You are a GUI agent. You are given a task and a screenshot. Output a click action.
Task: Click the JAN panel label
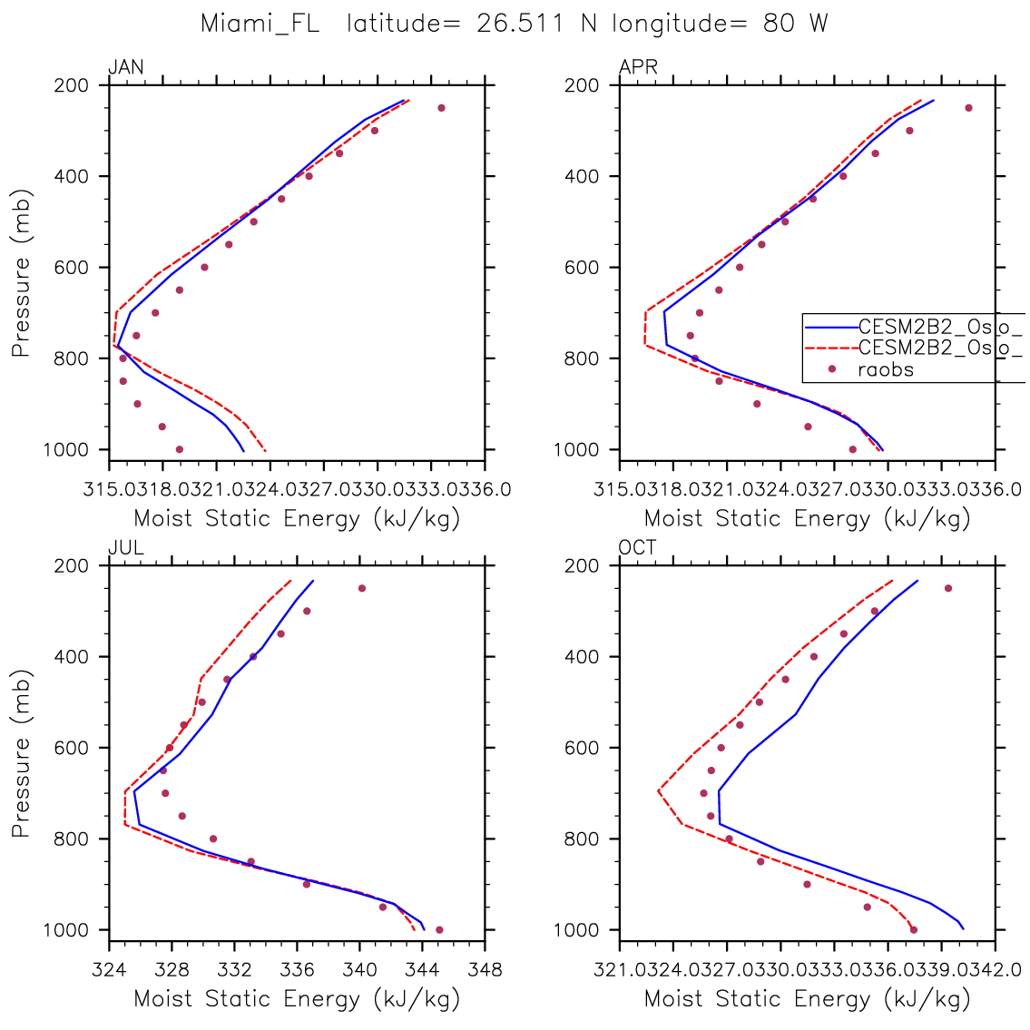(125, 67)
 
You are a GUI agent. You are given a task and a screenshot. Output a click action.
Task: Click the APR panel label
(638, 67)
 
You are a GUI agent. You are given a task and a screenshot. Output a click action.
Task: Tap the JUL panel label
(125, 547)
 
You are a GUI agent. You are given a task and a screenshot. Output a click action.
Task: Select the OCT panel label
(638, 547)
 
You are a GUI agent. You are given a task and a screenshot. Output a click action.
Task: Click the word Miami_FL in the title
(260, 25)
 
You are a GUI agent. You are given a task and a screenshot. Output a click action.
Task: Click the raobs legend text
(886, 369)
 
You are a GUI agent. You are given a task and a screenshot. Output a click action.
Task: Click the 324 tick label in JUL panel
(109, 970)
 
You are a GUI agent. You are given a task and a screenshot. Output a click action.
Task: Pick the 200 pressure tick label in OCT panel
(586, 565)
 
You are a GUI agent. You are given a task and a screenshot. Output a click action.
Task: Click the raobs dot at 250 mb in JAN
(441, 108)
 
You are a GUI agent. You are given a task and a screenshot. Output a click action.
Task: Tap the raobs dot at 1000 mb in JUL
(439, 929)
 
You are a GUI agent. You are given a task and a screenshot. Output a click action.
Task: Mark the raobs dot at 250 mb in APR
(968, 108)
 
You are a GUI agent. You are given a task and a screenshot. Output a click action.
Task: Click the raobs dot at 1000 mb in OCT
(914, 929)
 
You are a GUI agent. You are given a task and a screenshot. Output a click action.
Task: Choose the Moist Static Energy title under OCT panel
(807, 999)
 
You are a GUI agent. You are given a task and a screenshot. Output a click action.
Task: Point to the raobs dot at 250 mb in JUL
(361, 588)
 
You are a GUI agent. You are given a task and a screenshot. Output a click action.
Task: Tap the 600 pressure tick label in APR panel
(586, 268)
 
